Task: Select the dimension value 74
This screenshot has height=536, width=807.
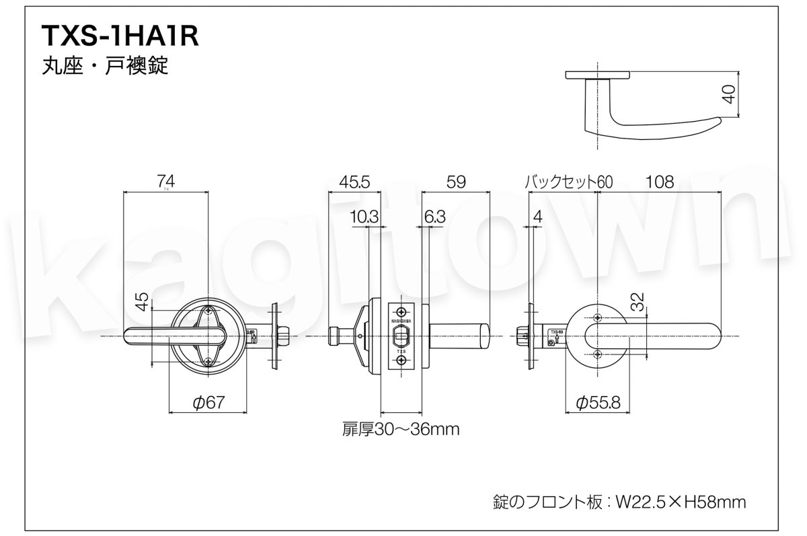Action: point(165,181)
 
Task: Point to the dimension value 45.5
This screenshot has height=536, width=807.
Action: point(354,181)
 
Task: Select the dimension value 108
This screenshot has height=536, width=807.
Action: point(659,181)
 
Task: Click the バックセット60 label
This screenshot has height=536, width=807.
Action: point(568,181)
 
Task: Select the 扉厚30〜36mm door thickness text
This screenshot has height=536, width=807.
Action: point(401,428)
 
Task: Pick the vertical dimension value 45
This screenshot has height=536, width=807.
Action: point(142,301)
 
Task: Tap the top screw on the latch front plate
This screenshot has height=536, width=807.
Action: point(401,311)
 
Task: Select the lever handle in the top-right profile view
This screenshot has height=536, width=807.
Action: point(652,125)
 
